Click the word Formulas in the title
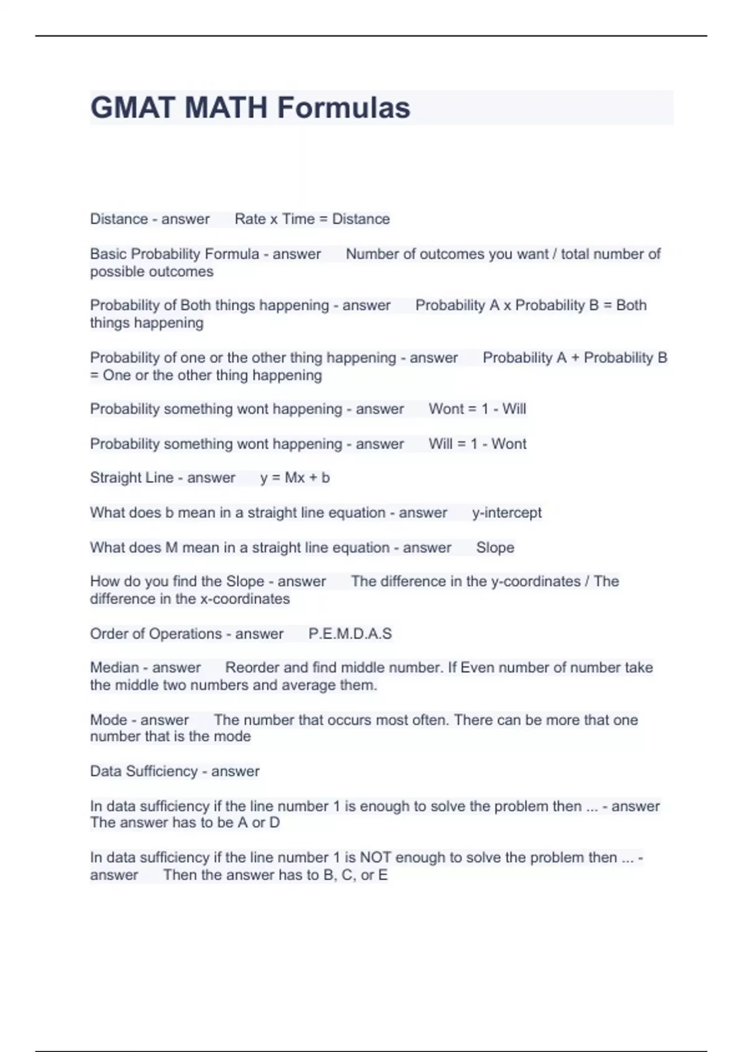[x=343, y=108]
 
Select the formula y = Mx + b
[x=295, y=478]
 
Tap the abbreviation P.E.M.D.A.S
[x=350, y=634]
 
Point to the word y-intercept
[x=506, y=512]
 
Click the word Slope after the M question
[x=495, y=548]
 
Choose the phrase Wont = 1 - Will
[x=477, y=409]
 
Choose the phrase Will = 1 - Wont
[x=477, y=444]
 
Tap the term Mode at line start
[x=108, y=720]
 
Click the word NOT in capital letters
[x=375, y=858]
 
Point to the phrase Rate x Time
[x=274, y=219]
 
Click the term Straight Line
[x=131, y=478]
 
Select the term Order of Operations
[x=155, y=634]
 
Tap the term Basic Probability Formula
[x=174, y=254]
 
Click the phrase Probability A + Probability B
[x=575, y=358]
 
